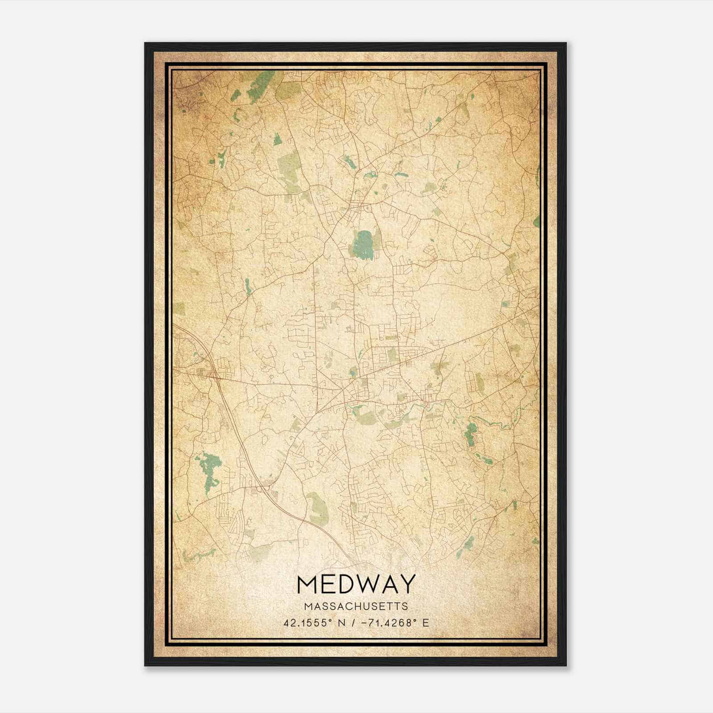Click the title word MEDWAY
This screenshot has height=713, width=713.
tap(356, 584)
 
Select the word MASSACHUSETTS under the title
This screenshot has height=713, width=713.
tap(356, 606)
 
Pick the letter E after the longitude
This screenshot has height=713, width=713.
tap(426, 623)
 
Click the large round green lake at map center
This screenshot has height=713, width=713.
tap(363, 245)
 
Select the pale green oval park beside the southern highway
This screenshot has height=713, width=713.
tap(317, 508)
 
